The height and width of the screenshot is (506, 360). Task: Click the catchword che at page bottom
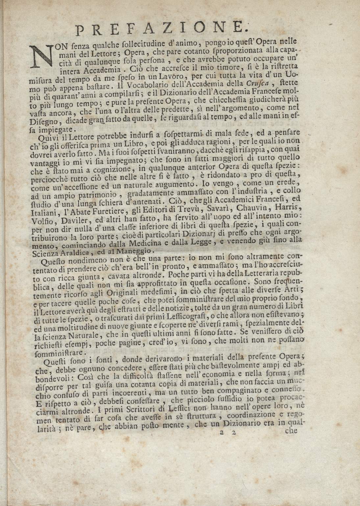(x=291, y=431)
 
